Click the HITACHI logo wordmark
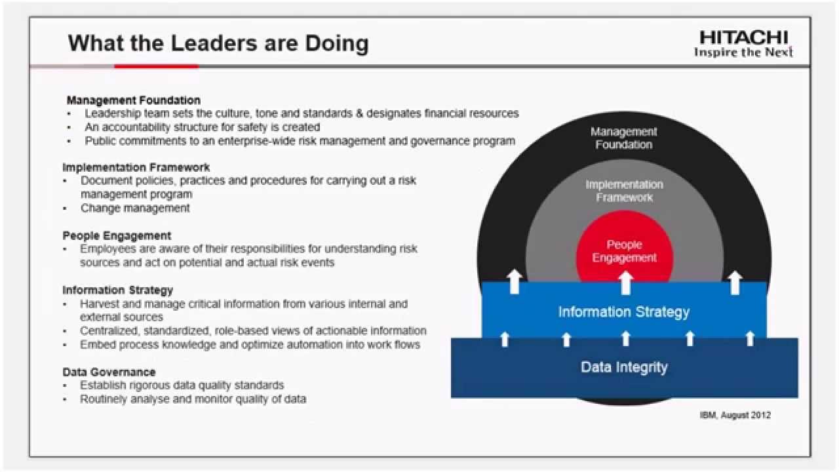point(744,38)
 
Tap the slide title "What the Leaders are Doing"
point(218,43)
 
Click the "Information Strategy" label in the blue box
point(623,312)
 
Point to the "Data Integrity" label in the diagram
point(624,367)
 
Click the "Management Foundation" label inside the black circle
point(623,138)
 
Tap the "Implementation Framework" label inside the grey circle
point(625,191)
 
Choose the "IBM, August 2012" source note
point(735,415)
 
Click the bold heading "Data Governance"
point(109,372)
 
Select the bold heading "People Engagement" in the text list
point(117,235)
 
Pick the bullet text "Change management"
point(135,208)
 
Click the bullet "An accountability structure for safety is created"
point(203,127)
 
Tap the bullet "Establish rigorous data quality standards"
point(182,385)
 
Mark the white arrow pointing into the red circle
point(625,283)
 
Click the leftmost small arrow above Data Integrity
point(505,340)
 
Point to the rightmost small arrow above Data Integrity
point(751,339)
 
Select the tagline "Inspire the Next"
point(743,52)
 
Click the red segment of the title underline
point(157,66)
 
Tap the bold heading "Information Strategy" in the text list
point(117,290)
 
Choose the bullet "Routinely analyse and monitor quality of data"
point(193,399)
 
